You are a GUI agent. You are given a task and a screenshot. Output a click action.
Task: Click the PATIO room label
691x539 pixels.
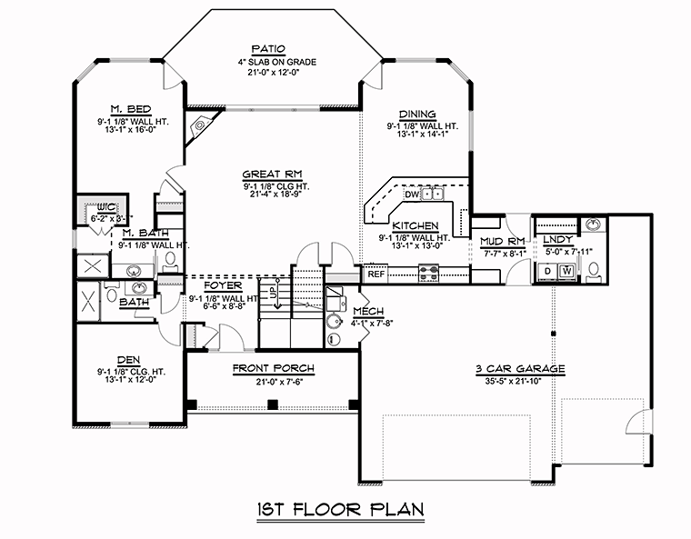click(x=268, y=48)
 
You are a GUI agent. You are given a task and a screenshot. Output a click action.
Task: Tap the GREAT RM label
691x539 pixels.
click(x=273, y=175)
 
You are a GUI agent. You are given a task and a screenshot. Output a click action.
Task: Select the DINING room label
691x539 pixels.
click(x=417, y=115)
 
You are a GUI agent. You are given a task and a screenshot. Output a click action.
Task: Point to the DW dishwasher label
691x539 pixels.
click(x=412, y=195)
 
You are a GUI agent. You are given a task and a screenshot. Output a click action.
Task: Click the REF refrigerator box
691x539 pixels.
click(x=376, y=274)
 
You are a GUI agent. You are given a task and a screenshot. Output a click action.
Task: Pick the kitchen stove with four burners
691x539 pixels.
click(x=428, y=273)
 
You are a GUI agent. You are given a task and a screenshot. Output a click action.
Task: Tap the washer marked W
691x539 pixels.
click(x=567, y=271)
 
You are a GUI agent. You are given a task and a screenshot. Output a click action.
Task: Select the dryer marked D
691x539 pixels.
click(x=547, y=271)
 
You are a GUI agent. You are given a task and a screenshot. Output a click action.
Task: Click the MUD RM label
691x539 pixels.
click(x=502, y=241)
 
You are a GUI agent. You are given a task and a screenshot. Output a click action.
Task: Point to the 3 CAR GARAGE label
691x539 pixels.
click(x=520, y=369)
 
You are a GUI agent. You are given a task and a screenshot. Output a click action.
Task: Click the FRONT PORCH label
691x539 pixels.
click(x=274, y=368)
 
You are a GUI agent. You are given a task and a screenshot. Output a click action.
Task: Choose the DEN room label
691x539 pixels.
click(x=129, y=360)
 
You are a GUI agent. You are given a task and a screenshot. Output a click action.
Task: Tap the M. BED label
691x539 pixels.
click(x=130, y=109)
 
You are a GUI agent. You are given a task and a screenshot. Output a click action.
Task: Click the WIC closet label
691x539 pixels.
click(x=106, y=207)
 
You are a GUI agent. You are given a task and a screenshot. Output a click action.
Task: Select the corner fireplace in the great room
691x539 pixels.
click(x=200, y=125)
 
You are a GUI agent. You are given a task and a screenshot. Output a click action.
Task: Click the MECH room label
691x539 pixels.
click(x=368, y=312)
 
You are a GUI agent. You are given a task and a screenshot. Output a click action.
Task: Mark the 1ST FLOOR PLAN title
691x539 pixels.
click(x=341, y=510)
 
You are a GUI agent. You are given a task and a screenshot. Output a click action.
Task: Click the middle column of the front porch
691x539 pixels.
click(x=273, y=404)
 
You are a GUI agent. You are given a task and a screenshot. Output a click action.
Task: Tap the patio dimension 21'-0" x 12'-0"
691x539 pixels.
click(x=274, y=72)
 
